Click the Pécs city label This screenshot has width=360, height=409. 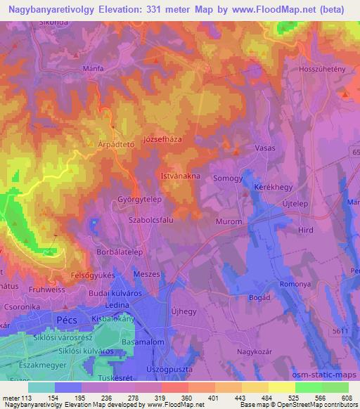point(67,319)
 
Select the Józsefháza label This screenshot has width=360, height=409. point(162,139)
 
